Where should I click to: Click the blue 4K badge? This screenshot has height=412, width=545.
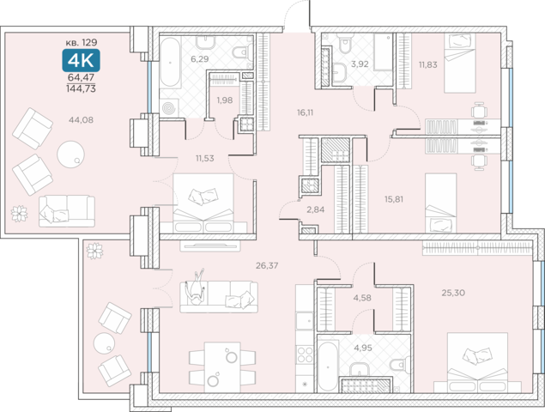point(81,60)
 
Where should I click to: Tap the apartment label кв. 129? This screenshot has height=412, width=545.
point(82,42)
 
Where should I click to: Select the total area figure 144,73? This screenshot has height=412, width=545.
point(81,88)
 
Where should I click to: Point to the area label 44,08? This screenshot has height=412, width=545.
point(81,120)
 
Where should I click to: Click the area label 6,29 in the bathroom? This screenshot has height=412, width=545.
point(199,58)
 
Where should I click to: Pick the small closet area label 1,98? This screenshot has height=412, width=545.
point(225,100)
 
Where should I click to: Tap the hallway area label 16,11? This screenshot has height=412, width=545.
point(306,112)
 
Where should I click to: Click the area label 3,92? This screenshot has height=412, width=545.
point(360,64)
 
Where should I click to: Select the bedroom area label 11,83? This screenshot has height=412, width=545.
point(428,64)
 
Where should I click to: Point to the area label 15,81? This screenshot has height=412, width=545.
point(394,199)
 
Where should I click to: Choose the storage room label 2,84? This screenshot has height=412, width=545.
point(316,209)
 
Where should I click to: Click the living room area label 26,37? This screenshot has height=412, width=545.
point(267,265)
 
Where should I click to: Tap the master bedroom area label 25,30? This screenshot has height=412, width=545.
point(453,293)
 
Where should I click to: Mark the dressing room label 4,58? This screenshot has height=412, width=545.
point(362,298)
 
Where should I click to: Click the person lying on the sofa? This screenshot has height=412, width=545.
point(196,288)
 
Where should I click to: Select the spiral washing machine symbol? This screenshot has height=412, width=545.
point(170,108)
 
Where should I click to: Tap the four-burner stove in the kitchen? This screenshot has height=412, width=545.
point(305,354)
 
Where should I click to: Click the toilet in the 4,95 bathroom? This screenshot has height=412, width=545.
point(399,364)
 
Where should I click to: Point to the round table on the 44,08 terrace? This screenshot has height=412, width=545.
point(71,154)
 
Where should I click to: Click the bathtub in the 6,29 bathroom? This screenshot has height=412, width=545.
point(170,63)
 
